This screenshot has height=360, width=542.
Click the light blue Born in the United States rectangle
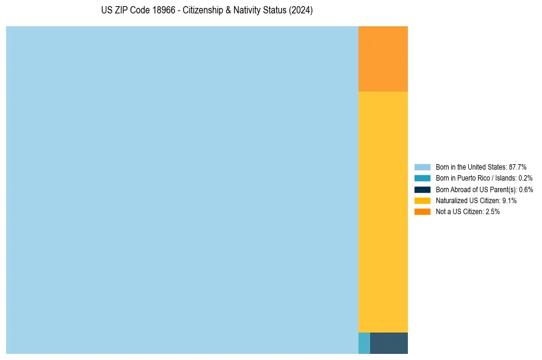point(182,190)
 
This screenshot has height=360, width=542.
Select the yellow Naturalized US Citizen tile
point(383,212)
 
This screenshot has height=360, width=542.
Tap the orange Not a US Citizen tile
point(383,59)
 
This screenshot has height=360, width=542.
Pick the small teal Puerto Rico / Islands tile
point(364,343)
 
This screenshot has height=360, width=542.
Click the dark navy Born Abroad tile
point(389,343)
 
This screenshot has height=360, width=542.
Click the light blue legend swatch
point(422,167)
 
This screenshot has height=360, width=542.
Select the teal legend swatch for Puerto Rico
point(422,178)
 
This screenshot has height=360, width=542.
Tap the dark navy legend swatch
point(422,189)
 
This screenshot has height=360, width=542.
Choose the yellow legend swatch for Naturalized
point(422,200)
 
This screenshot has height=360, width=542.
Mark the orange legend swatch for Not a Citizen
point(422,212)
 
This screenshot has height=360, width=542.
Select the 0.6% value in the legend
point(526,189)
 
